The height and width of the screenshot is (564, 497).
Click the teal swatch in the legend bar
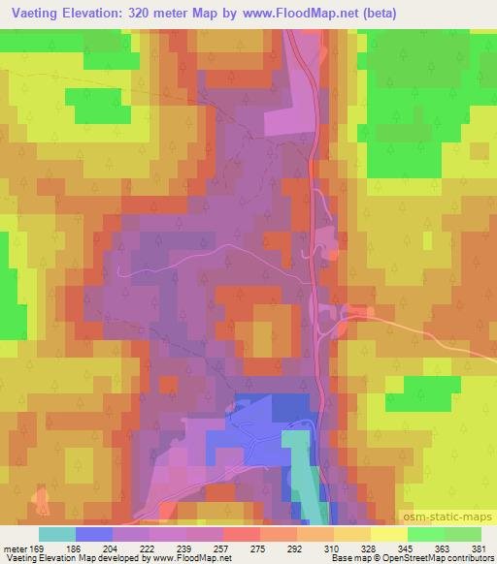click(57, 534)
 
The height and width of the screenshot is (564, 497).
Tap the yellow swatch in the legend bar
click(388, 534)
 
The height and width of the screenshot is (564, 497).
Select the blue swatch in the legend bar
click(94, 534)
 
